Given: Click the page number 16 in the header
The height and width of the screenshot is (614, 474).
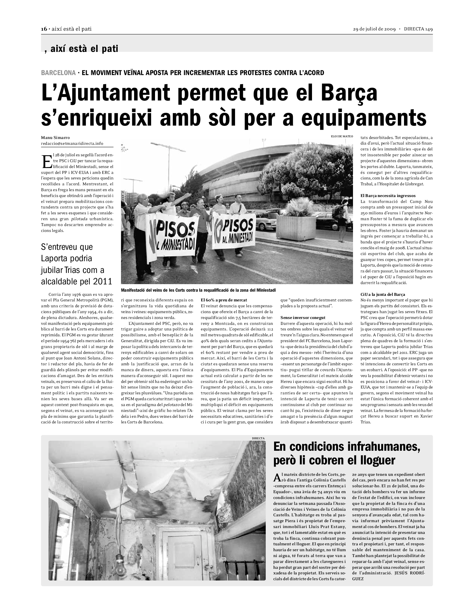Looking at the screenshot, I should pos(44,29).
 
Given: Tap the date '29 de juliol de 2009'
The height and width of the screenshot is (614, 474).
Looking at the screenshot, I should pos(374,29).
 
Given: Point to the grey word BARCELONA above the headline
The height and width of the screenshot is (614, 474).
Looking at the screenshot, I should pos(58,73).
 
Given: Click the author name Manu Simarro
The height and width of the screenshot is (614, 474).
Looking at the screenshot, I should pos(55,138).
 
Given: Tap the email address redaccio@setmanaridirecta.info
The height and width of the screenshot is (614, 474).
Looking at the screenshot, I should pos(72,143).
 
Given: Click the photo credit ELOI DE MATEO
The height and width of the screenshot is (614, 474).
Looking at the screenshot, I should pos(342,136).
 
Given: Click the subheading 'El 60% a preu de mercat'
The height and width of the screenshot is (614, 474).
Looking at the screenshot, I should pos(224,300).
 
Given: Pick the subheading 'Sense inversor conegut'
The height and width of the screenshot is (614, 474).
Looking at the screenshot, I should pos(303,318).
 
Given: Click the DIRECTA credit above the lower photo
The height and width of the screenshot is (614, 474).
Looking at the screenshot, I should pos(258,438).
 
